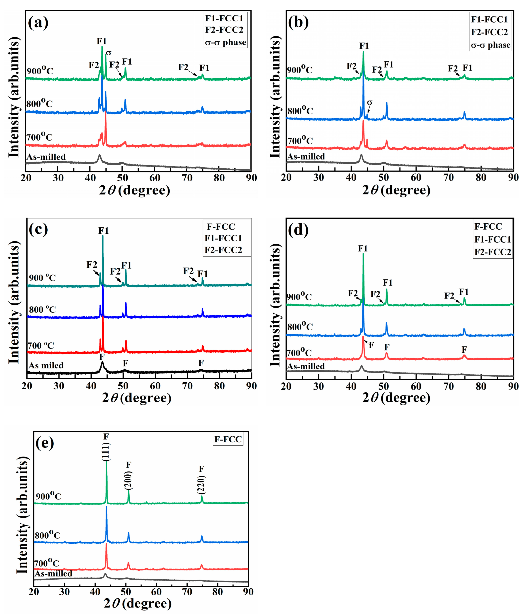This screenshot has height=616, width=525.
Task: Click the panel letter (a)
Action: click(x=38, y=23)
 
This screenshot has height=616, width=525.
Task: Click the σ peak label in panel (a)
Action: click(x=109, y=53)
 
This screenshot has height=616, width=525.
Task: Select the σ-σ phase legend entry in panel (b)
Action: click(x=491, y=45)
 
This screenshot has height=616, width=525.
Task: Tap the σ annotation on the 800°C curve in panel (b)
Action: click(x=370, y=103)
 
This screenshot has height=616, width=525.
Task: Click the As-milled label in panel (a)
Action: click(x=46, y=157)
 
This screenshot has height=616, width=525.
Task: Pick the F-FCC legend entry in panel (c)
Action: click(x=221, y=227)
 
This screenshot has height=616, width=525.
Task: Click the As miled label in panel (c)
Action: click(x=46, y=365)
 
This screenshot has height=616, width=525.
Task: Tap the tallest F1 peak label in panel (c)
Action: click(x=104, y=231)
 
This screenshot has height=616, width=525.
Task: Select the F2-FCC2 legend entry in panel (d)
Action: click(x=493, y=252)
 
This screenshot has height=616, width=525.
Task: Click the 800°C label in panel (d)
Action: click(x=300, y=327)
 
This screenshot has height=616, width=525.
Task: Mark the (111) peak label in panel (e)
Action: click(x=106, y=452)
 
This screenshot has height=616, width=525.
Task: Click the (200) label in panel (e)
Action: click(x=129, y=481)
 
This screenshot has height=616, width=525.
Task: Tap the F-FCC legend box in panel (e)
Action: click(x=228, y=439)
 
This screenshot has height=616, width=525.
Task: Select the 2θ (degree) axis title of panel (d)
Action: click(x=396, y=398)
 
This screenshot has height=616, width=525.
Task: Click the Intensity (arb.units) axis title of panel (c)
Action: click(x=14, y=303)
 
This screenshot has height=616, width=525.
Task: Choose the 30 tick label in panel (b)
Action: click(x=318, y=178)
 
